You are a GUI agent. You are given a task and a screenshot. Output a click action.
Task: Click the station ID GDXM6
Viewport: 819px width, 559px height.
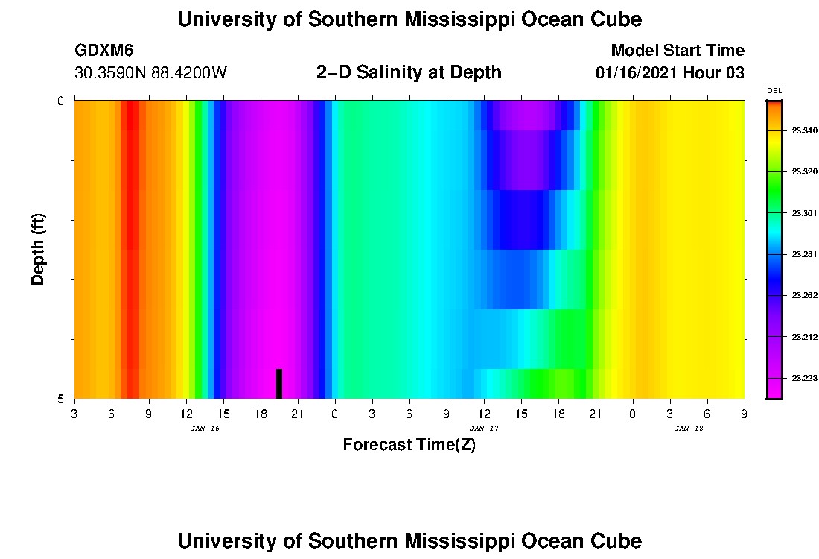click(104, 51)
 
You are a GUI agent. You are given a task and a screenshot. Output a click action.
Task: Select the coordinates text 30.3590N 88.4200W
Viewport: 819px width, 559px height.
click(150, 73)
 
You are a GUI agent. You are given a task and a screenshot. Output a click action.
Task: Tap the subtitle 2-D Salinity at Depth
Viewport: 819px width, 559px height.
click(409, 72)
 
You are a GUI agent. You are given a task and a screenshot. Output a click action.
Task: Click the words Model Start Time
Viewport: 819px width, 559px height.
click(677, 51)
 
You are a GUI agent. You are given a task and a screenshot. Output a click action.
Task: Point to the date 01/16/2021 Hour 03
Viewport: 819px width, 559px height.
click(670, 73)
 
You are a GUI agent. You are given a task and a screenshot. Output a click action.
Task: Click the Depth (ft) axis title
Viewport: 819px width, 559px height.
click(39, 250)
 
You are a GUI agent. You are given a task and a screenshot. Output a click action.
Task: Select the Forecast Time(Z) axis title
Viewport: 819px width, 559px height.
click(409, 446)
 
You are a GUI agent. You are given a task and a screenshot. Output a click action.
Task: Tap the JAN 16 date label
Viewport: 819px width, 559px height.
click(205, 429)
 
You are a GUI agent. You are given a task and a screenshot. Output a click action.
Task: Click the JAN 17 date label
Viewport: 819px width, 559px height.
click(484, 429)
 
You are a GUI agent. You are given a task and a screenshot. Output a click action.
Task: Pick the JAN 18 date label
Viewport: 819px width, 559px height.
click(689, 429)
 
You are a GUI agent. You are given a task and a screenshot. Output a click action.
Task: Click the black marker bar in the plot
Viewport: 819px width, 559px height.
click(279, 384)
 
